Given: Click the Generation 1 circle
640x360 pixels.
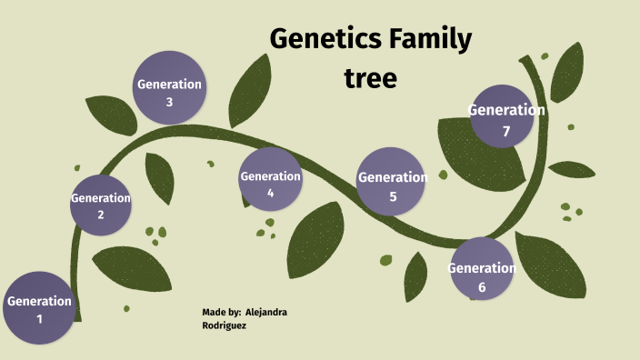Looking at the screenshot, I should point(38,309).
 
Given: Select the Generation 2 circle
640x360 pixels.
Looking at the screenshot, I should point(100,205).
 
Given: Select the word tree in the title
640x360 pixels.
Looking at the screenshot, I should point(370,78).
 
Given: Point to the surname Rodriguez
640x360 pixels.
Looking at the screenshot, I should point(225,325).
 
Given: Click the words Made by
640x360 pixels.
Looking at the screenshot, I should point(221,312).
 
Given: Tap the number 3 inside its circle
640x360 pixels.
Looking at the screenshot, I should point(169,102).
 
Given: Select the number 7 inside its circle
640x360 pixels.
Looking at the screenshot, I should point(506,132).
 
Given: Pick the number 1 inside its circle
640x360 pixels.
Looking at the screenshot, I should point(39,319).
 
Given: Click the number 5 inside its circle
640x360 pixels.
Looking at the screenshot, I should point(393,196).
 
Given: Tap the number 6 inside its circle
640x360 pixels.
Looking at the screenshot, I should point(482,287).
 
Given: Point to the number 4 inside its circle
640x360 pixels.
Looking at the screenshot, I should point(270,193).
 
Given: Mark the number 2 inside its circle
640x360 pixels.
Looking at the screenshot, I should point(101,215).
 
